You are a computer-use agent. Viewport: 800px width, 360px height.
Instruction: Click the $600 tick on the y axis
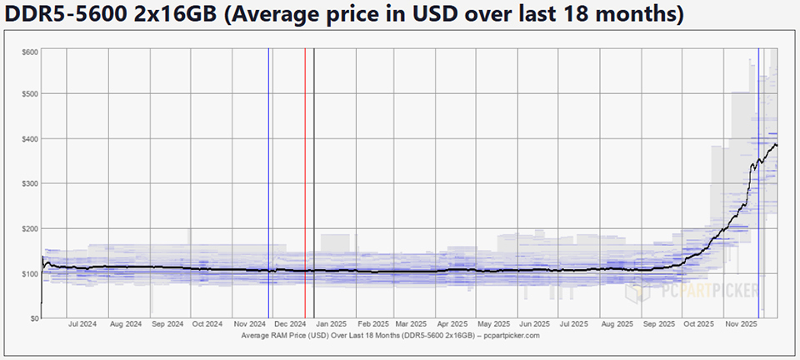(x=30, y=52)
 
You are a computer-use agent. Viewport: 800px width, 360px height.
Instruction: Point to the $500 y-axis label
(x=30, y=93)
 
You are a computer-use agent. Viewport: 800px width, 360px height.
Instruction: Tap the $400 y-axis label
(x=30, y=138)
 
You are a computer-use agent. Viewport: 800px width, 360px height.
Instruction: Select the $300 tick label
(x=30, y=183)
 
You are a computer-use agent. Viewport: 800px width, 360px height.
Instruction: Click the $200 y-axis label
(x=30, y=228)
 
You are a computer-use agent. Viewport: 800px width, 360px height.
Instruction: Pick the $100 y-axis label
(x=30, y=273)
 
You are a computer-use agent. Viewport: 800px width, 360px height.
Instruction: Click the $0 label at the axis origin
(x=34, y=318)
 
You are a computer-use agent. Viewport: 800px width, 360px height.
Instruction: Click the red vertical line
(x=305, y=183)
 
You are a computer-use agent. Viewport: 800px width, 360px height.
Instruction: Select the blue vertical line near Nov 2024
(x=268, y=183)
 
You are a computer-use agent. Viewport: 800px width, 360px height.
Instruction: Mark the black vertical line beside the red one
(x=314, y=183)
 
